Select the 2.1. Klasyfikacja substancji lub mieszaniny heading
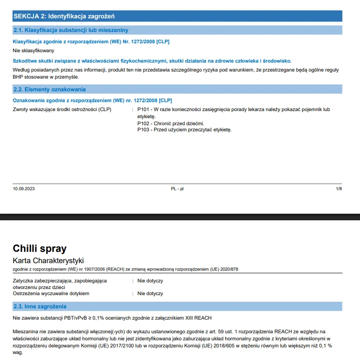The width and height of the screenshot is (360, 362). (x=70, y=30)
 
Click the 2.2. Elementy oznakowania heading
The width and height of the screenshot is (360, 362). (x=49, y=89)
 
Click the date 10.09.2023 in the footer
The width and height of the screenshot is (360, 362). (x=24, y=189)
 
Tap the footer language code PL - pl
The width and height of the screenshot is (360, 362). (x=177, y=189)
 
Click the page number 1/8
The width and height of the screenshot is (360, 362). (x=339, y=189)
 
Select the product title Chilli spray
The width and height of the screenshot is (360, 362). (x=40, y=249)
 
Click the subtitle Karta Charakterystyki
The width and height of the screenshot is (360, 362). (x=48, y=261)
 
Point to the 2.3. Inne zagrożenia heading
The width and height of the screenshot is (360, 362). (x=40, y=306)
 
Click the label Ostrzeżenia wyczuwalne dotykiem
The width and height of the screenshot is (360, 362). (x=51, y=293)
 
